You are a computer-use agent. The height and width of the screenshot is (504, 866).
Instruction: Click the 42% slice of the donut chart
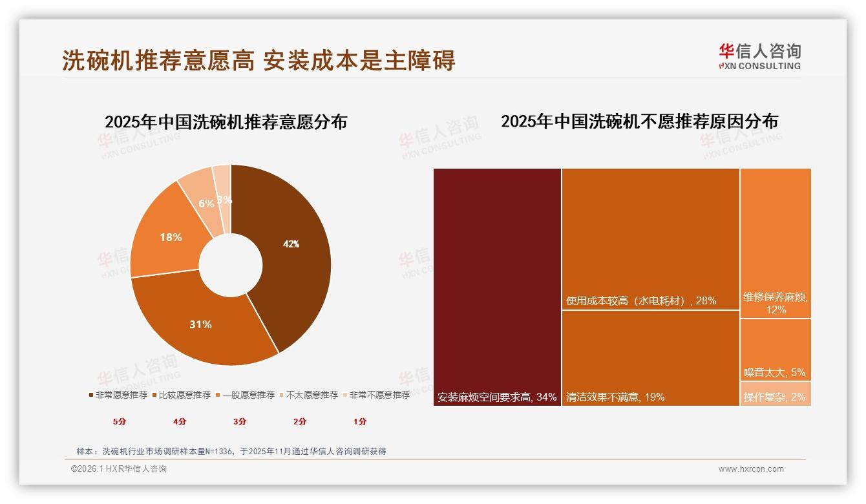pos(291,244)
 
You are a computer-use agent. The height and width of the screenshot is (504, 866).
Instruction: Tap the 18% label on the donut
pos(171,237)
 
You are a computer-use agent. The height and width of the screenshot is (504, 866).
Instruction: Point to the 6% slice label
pos(206,204)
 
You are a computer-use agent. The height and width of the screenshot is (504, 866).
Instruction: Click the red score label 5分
pos(120,421)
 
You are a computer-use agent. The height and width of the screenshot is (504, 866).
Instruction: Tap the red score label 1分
pos(360,421)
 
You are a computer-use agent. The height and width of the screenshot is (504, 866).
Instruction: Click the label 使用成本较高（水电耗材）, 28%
pos(641,300)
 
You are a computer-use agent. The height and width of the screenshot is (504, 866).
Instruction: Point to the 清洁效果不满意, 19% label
pos(615,397)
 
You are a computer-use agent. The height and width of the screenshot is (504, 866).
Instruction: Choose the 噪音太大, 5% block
pos(775,372)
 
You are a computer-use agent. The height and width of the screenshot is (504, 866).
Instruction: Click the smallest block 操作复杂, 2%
pos(775,397)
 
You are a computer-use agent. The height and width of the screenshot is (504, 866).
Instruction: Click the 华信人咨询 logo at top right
pos(759,56)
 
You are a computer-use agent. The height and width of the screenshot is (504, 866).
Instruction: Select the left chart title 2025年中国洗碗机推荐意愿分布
pos(226,122)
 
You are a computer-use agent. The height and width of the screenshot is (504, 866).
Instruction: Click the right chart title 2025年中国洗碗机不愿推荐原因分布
pos(639,121)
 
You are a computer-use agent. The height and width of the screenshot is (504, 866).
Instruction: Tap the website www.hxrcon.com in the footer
pos(751,469)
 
